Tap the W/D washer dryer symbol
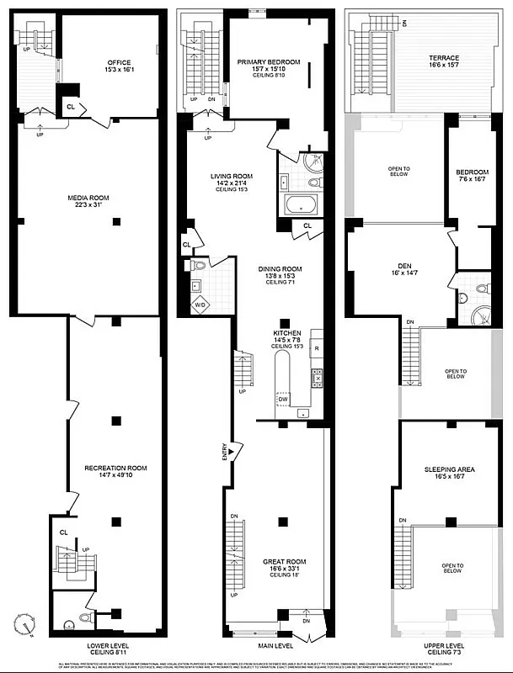200,305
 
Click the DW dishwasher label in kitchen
283,399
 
